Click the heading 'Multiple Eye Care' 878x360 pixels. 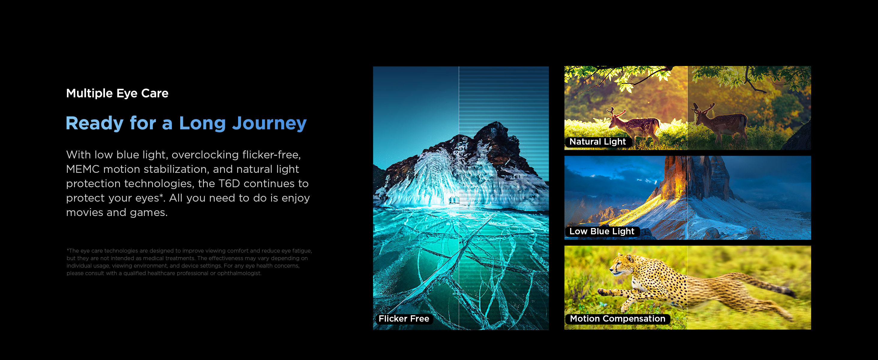[117, 93]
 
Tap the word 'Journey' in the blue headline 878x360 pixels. [269, 123]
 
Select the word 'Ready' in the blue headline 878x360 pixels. [94, 123]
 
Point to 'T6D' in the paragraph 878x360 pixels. [229, 183]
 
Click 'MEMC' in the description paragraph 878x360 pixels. [82, 169]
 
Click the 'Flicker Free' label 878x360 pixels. [404, 319]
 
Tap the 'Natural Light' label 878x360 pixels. [598, 142]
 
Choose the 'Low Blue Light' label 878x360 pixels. [602, 232]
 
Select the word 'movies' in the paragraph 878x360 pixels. [85, 212]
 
